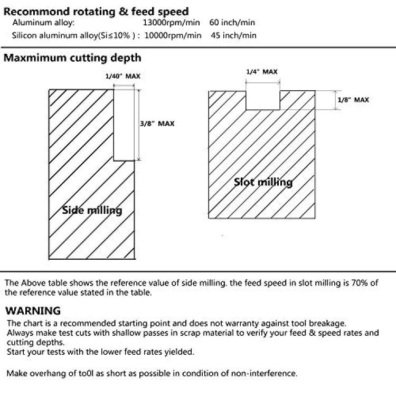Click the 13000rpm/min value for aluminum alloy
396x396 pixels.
[171, 23]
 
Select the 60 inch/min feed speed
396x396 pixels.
[232, 23]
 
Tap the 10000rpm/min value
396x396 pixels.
[173, 35]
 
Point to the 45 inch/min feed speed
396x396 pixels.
[233, 35]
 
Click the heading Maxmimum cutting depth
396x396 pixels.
[72, 58]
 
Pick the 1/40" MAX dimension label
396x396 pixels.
[122, 76]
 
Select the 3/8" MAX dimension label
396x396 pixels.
[157, 124]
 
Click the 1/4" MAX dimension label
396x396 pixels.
[262, 72]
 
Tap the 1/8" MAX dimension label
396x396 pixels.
[353, 100]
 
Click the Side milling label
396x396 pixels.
[92, 210]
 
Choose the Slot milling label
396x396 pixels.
[263, 182]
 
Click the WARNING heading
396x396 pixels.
[33, 311]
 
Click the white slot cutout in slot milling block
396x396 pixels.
[263, 100]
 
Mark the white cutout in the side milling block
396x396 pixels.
[124, 125]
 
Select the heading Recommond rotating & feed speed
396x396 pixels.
[96, 12]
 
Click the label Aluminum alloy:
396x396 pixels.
[43, 23]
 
